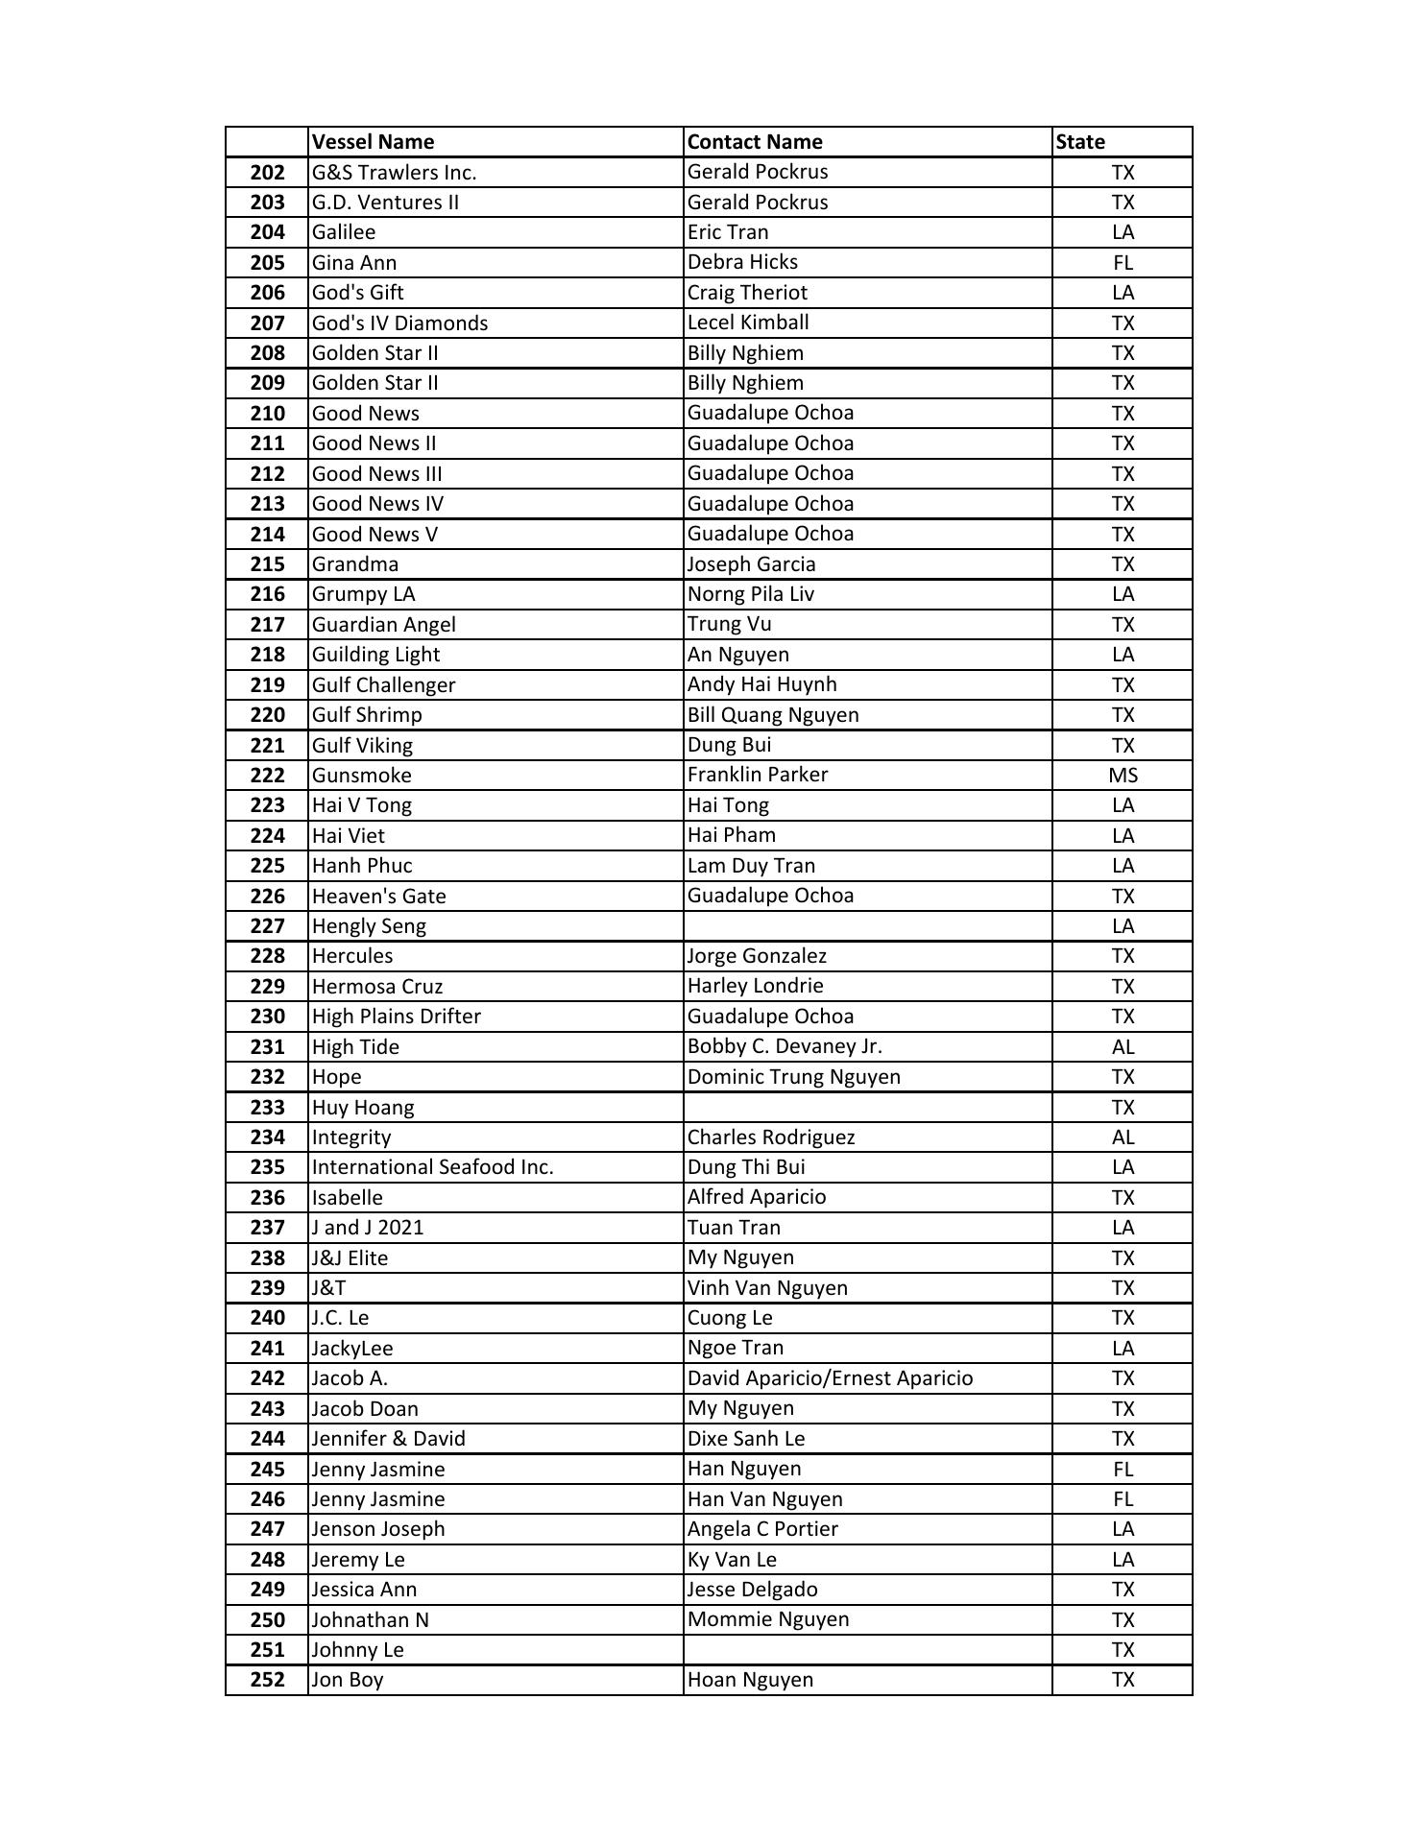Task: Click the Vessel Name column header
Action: pos(373,142)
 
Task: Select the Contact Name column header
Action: pos(755,142)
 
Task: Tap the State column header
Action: pos(1080,142)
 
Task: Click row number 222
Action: pos(267,775)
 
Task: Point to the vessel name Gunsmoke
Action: pos(362,775)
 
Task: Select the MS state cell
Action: pos(1123,775)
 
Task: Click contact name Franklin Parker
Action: pos(758,775)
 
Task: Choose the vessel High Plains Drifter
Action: pos(397,1016)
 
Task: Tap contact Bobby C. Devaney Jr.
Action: pos(785,1046)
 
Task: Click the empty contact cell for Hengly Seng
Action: pos(867,925)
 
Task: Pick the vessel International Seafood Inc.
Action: pos(433,1167)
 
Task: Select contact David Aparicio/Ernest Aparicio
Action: pos(830,1378)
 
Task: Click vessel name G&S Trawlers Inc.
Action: pos(394,172)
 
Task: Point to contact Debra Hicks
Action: pos(742,262)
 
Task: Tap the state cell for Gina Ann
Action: pos(1123,262)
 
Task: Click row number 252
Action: pos(267,1680)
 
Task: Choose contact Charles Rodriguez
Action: pos(771,1137)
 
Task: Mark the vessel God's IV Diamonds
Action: pos(399,323)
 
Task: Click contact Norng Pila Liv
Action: pos(751,594)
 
